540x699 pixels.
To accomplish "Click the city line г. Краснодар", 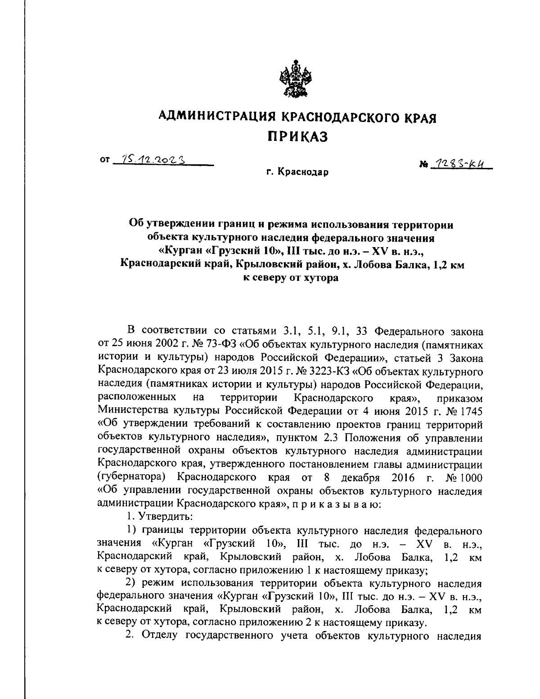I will pos(297,172).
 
